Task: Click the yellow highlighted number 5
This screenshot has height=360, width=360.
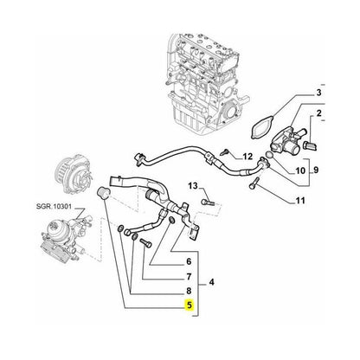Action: point(189,305)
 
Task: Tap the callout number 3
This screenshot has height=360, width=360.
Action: point(318,93)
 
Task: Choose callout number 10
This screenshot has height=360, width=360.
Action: point(300,171)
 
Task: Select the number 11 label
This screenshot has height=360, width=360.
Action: point(300,202)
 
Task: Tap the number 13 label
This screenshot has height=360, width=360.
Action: point(193,185)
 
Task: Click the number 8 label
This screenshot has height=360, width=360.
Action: point(189,291)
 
